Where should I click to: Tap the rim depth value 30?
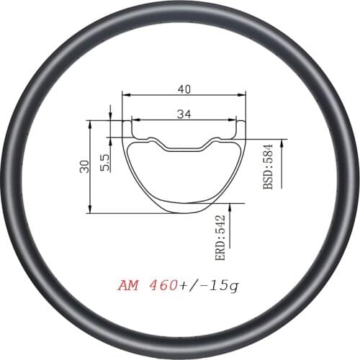(x=84, y=166)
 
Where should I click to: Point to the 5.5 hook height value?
(x=105, y=161)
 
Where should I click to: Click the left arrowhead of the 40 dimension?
(x=125, y=95)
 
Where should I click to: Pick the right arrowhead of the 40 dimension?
(x=243, y=95)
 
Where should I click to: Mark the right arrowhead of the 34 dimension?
(x=233, y=120)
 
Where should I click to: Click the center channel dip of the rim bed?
(x=184, y=148)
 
